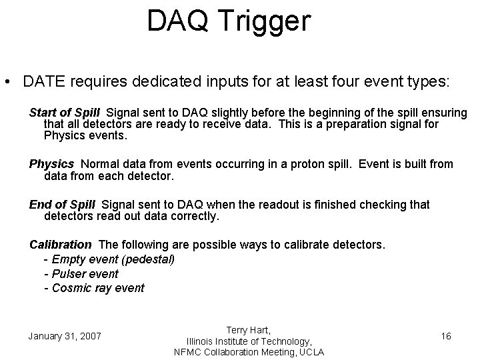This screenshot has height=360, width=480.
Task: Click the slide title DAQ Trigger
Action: pos(229,21)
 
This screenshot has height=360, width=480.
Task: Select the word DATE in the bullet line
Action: pos(42,82)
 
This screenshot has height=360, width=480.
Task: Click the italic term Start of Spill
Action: pos(65,111)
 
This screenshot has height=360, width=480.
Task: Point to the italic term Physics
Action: pos(51,164)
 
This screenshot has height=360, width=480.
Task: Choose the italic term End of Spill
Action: pos(62,205)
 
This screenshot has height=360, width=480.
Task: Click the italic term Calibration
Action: pos(61,245)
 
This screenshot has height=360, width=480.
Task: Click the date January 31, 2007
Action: pos(65,336)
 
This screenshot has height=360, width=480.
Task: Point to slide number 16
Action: pos(446,336)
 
